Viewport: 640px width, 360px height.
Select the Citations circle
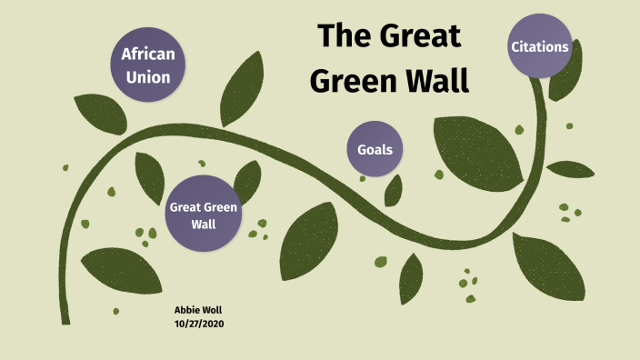tap(540, 46)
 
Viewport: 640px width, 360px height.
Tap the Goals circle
tap(375, 148)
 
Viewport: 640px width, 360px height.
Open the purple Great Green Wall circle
tap(204, 214)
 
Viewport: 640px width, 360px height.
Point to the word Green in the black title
tap(351, 80)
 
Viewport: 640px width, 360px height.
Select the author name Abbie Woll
tap(197, 310)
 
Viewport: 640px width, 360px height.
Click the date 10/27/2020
tap(199, 324)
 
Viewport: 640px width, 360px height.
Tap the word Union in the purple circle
tap(147, 77)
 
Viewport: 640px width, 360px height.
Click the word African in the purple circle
tap(147, 54)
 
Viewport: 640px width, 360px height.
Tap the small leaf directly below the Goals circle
tap(394, 190)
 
